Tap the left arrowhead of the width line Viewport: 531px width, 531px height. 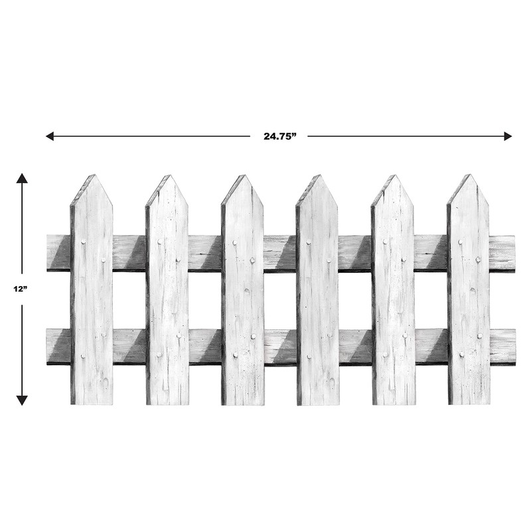tap(49, 136)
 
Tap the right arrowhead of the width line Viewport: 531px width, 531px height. tap(508, 136)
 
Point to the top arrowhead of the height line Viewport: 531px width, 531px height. tap(22, 177)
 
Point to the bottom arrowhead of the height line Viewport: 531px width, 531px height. tap(22, 400)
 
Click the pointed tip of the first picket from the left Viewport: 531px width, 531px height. tap(94, 176)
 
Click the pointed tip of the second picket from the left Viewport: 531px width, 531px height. tap(169, 176)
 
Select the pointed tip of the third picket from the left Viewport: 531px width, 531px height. tap(244, 176)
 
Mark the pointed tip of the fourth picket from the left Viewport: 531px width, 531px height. tap(319, 176)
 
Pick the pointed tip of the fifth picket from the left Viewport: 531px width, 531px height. tap(394, 176)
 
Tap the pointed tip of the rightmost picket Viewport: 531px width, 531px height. tap(469, 176)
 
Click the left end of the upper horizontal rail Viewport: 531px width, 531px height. tap(49, 252)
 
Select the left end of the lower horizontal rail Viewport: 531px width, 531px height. tap(49, 346)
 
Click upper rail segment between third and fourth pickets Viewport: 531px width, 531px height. tap(280, 253)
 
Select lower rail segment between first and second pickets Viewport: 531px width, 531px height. tap(129, 346)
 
